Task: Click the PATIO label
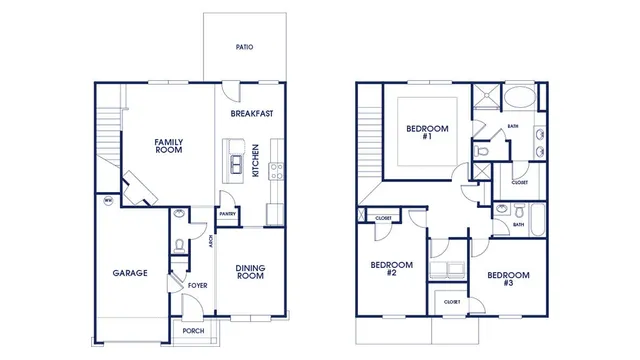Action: tap(244, 47)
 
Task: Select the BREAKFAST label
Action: tap(252, 114)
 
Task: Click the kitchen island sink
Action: tap(237, 163)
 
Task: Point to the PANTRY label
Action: tap(228, 213)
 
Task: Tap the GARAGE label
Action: tap(129, 272)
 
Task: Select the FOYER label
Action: tap(198, 285)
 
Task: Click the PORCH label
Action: tap(194, 331)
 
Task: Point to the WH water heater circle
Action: tap(108, 200)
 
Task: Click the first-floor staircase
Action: tap(109, 135)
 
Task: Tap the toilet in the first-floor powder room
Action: tap(178, 244)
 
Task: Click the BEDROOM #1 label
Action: tap(427, 133)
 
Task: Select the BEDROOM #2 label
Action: tap(385, 269)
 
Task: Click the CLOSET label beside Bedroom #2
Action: tap(383, 218)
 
